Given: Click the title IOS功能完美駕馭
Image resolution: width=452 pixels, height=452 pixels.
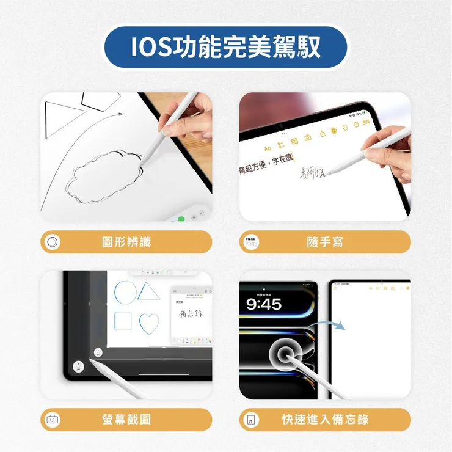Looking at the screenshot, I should point(225,47).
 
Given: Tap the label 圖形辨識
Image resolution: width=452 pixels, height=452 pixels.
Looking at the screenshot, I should point(126,242).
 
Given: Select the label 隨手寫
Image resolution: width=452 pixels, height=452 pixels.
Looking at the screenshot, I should point(324,242).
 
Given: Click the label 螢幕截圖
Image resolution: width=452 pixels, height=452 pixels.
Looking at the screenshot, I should point(126,419).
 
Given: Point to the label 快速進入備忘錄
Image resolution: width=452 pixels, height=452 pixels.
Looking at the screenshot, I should point(324,419).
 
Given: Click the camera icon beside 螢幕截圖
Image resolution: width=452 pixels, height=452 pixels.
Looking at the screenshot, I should point(53,419).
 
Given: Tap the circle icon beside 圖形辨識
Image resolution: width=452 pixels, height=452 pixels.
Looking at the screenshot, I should point(53,242).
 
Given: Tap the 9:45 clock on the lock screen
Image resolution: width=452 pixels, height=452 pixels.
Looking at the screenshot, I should point(264,304).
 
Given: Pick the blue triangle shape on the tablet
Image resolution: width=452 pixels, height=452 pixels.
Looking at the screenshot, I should point(148,291).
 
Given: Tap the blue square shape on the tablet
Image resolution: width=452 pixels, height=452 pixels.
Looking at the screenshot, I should point(124,321).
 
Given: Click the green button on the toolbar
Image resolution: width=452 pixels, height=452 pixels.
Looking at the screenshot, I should point(181,218).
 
